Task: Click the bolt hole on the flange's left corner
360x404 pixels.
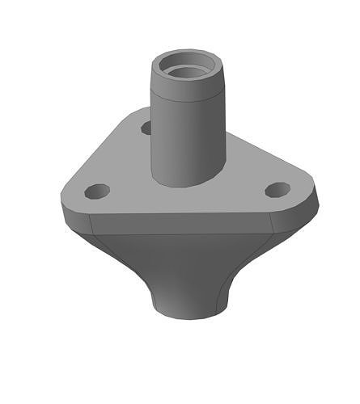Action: [97, 191]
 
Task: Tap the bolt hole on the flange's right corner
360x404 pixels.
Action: [277, 190]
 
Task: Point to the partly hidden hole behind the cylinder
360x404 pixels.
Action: [146, 128]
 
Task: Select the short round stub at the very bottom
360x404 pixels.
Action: [188, 304]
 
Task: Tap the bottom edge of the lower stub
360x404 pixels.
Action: [188, 318]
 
